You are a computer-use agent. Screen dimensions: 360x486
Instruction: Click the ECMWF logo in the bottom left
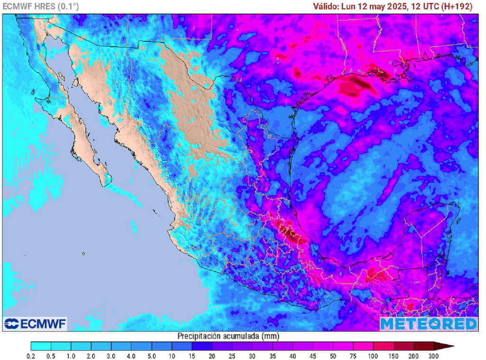tap(35, 324)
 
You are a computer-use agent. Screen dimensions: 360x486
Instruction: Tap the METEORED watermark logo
tap(429, 324)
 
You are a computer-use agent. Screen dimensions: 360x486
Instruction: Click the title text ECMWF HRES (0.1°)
tap(41, 7)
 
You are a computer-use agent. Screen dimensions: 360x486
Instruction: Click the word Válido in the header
tap(326, 7)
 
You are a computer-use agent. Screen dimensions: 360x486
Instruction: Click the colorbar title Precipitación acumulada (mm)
tap(228, 336)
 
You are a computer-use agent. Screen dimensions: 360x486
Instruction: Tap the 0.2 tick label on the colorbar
tap(31, 356)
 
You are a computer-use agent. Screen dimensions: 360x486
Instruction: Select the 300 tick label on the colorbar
tap(434, 356)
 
